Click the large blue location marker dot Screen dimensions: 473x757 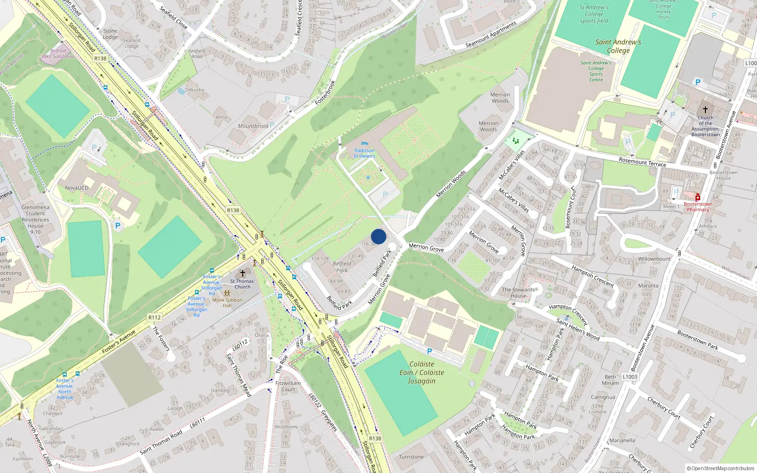[x=378, y=236]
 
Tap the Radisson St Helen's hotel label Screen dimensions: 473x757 [x=364, y=153]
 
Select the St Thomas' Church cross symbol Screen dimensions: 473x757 [x=243, y=273]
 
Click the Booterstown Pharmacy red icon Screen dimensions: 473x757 [x=697, y=197]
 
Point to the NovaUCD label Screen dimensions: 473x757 [x=77, y=188]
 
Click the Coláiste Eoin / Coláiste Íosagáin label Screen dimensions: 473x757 [x=422, y=372]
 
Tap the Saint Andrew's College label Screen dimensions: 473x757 [x=618, y=46]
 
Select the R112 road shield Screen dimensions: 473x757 [x=154, y=317]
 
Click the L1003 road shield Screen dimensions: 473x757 [x=630, y=377]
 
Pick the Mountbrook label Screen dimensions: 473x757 [x=253, y=126]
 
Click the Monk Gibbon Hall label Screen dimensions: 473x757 [x=227, y=302]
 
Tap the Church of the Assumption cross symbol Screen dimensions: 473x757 [x=705, y=110]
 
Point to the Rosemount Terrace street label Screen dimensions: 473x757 [x=642, y=162]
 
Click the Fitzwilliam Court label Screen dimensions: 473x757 [x=288, y=386]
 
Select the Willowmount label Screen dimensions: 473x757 [x=654, y=259]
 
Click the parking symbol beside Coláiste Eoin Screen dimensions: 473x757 [x=430, y=351]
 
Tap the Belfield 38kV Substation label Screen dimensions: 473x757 [x=58, y=53]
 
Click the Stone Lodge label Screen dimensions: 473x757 [x=110, y=34]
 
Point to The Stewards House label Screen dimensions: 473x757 [x=518, y=292]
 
